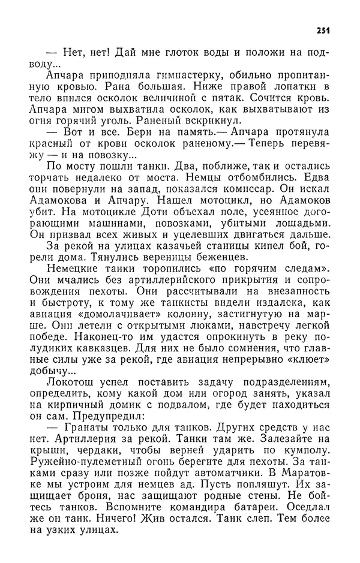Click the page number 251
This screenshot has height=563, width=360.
322,31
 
